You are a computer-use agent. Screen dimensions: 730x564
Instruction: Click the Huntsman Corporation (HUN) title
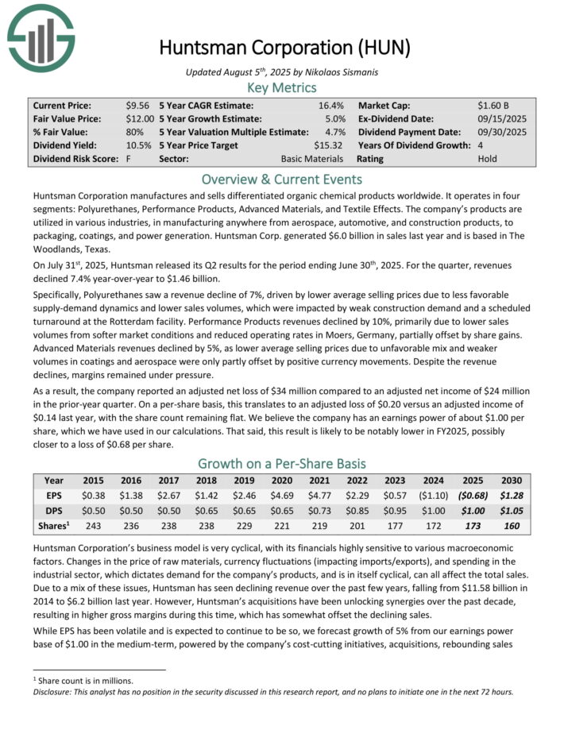click(284, 47)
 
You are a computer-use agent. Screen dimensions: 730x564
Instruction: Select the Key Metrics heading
click(282, 87)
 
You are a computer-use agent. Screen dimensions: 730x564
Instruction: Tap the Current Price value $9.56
click(138, 105)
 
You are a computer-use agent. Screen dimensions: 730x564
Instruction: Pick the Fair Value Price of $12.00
click(138, 118)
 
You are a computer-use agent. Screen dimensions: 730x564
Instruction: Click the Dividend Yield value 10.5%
click(138, 145)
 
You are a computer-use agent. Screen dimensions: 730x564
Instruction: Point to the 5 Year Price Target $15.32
click(328, 145)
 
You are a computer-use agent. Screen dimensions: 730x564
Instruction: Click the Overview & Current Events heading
click(282, 180)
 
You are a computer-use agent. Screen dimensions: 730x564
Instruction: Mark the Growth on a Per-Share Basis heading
click(282, 463)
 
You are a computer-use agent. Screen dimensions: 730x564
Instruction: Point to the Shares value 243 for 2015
click(92, 526)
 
